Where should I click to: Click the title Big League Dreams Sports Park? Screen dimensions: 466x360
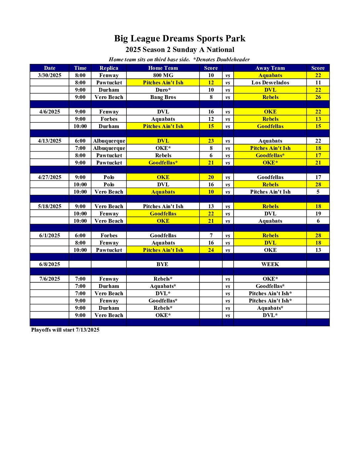180,38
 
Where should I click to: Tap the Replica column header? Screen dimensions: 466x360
109,68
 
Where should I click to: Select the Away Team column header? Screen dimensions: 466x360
270,68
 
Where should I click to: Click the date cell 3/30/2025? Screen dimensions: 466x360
50,75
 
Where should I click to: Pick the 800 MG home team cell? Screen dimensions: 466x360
163,75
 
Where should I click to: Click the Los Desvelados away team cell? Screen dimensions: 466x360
270,82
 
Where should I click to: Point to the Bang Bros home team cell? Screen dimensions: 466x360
163,97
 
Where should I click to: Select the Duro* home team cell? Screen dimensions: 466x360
163,90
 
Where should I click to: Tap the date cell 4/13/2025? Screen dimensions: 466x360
50,141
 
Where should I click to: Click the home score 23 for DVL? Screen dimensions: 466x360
211,141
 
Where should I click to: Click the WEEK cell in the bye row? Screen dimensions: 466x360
270,264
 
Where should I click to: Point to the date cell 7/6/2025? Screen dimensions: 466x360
50,279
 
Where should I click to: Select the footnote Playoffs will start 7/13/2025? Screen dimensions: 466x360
65,330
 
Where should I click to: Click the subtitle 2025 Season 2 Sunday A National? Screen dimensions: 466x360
180,50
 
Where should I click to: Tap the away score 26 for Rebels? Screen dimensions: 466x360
318,97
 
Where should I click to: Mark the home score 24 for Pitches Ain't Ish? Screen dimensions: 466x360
211,250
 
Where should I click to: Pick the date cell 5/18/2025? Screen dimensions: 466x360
50,206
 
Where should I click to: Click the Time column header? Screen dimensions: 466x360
80,68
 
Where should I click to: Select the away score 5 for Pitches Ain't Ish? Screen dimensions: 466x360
318,192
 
